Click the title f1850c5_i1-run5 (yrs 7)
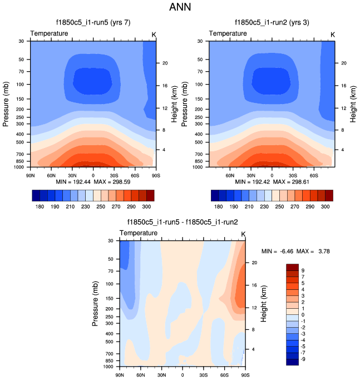(93, 23)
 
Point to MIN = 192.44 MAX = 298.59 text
(93, 182)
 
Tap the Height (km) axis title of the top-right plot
(352, 103)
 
